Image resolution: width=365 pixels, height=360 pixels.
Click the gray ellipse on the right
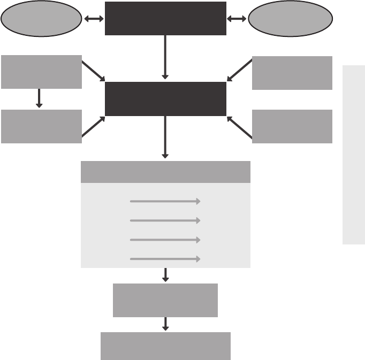290,19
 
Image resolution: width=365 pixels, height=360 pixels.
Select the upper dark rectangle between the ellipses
165,19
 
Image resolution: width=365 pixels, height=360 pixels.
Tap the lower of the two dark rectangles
165,99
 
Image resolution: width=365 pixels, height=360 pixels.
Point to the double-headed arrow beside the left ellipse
94,19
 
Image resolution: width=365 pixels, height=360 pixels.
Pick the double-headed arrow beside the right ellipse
237,19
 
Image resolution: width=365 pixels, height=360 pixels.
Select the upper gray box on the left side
41,72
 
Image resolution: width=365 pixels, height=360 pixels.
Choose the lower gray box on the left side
41,126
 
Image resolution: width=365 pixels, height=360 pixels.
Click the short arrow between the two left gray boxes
39,99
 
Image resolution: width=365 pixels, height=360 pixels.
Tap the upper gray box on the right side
292,73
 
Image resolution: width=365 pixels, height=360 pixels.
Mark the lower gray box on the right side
292,126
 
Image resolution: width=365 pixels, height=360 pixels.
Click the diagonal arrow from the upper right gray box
239,70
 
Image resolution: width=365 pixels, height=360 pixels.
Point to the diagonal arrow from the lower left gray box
93,127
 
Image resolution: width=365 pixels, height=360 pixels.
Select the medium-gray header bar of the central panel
165,172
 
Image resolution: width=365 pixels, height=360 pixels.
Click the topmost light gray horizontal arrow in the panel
165,201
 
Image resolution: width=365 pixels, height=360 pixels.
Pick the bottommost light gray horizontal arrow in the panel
165,259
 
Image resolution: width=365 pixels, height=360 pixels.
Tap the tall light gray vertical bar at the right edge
354,155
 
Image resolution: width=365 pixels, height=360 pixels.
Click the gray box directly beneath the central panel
165,300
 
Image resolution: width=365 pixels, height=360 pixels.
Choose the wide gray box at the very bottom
165,346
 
